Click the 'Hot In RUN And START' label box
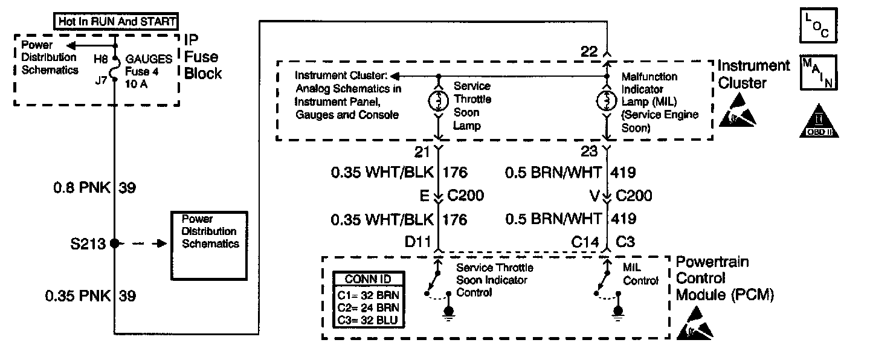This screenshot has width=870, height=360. (116, 22)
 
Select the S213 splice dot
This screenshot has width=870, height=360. (114, 245)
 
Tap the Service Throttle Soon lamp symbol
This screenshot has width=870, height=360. (437, 101)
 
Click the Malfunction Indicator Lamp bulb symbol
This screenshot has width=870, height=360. (607, 101)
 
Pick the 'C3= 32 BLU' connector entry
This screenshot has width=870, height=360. (366, 319)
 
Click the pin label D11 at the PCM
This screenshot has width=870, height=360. (417, 242)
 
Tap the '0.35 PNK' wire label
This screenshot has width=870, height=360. (77, 296)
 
